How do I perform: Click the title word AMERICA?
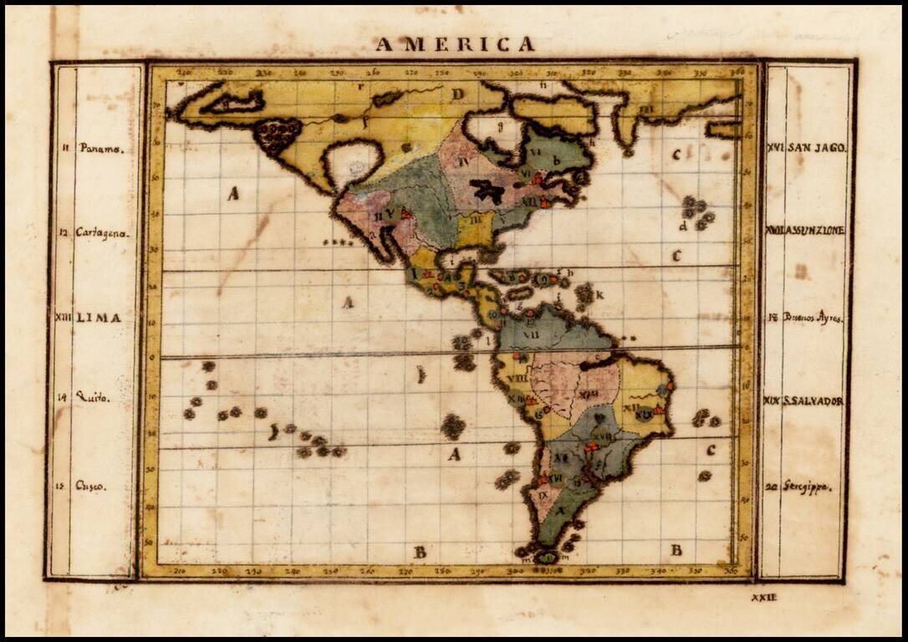click(x=455, y=44)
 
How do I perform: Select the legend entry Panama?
click(x=101, y=148)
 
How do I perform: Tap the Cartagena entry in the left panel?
click(x=102, y=233)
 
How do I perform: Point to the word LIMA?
click(x=99, y=318)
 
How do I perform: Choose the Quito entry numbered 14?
click(x=92, y=398)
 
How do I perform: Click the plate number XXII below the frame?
click(x=763, y=597)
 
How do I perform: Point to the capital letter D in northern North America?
click(x=457, y=94)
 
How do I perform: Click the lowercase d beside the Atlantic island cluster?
click(x=683, y=226)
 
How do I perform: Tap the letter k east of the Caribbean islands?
click(x=599, y=294)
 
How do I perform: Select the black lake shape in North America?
click(x=487, y=191)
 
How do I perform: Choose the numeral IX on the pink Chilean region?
click(x=543, y=495)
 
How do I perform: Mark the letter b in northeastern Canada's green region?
click(x=556, y=160)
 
